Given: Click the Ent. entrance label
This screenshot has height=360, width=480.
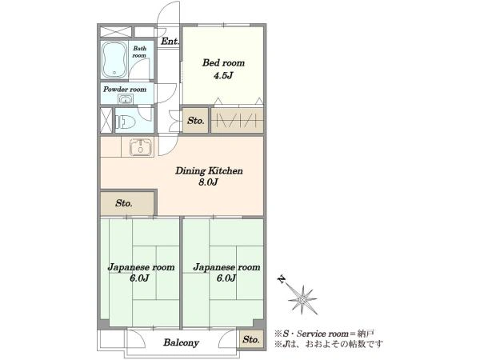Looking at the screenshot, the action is [170, 42].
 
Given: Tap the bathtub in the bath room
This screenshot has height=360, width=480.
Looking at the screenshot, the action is [114, 60].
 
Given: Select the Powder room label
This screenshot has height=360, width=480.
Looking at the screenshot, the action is [125, 90].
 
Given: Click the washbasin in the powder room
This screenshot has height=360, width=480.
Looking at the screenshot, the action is [126, 99].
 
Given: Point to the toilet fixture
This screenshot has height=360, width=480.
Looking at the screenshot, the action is [126, 122].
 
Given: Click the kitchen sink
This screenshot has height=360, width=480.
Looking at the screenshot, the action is [141, 147].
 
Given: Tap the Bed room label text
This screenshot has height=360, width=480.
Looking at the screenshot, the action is [223, 63].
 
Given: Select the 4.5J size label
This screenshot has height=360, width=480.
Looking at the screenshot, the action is [223, 75].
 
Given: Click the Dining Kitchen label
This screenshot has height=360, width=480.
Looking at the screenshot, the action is [209, 171].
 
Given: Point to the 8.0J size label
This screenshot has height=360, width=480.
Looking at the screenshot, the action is [208, 182].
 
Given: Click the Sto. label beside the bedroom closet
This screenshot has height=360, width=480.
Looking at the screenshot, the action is [196, 121].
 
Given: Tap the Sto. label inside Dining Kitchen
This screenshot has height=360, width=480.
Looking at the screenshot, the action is [124, 203].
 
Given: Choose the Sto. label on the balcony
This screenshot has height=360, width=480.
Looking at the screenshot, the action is [251, 339].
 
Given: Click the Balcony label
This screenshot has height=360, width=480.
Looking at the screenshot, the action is [182, 342].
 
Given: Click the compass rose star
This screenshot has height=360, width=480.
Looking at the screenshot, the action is [302, 299].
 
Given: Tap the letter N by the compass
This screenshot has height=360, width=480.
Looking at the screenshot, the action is [281, 279].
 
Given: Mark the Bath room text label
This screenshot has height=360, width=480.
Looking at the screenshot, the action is [139, 52].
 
